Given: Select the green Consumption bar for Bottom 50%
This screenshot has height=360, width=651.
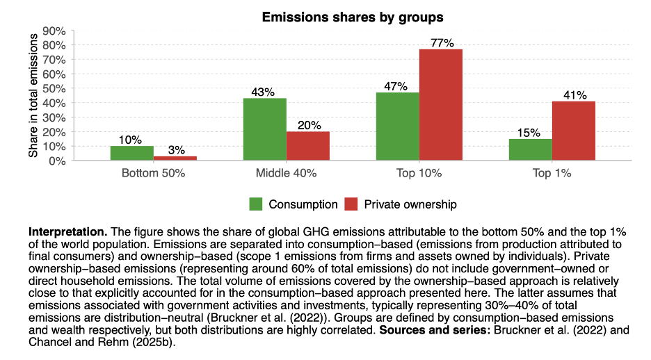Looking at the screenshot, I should [132, 153].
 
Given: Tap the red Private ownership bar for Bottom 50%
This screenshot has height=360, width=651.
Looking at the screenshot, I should [175, 158].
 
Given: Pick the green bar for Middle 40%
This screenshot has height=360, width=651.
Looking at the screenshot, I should [265, 129].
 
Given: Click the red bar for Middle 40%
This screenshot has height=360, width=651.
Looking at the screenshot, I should [308, 146].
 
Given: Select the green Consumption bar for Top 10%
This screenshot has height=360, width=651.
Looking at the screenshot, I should [398, 126].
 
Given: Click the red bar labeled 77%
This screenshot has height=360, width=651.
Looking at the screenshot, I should [441, 104].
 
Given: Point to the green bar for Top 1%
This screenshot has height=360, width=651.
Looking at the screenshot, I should [531, 149].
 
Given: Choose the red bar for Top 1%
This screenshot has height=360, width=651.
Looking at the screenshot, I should [574, 131].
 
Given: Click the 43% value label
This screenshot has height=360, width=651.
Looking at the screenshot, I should [264, 92].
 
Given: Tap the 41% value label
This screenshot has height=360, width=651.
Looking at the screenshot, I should [574, 95].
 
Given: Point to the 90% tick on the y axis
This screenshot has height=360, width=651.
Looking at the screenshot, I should [54, 31].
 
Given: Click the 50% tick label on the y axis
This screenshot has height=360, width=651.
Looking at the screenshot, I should [54, 89].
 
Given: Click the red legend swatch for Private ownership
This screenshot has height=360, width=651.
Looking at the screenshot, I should [352, 204].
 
